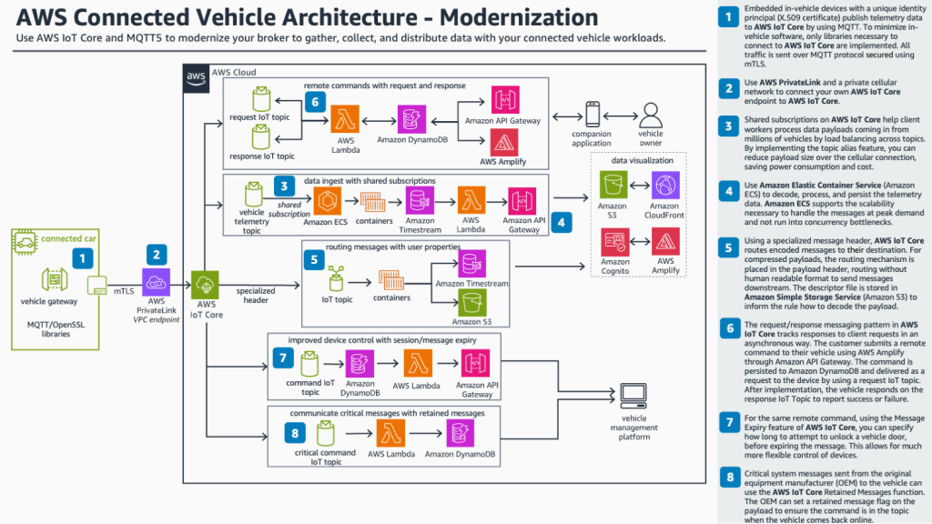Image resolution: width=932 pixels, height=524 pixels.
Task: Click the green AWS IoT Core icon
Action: (207, 284)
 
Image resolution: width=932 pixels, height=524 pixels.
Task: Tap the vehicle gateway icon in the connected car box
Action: (51, 281)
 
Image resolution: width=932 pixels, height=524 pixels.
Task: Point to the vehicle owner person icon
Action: (650, 115)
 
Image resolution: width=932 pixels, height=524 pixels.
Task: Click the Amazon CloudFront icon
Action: (664, 187)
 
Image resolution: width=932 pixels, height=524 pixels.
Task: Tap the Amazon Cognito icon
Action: (615, 243)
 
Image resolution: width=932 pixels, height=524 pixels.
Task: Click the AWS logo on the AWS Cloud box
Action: (195, 76)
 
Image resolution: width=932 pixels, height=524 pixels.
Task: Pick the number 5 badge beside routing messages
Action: (314, 259)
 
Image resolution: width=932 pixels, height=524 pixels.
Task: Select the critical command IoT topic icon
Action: (324, 432)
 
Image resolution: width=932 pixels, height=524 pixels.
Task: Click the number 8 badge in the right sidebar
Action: (728, 478)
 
